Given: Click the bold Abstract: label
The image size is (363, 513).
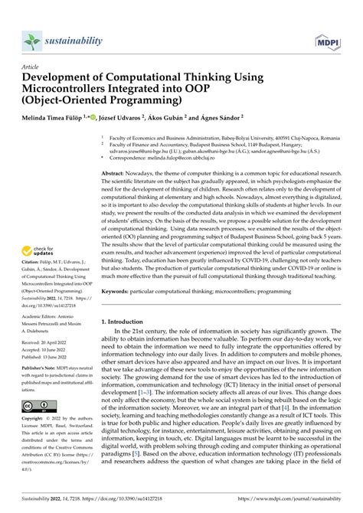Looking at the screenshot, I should (117, 175).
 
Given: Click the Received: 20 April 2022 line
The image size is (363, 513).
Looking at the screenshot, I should (51, 342).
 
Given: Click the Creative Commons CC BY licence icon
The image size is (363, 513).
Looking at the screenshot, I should (36, 405).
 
